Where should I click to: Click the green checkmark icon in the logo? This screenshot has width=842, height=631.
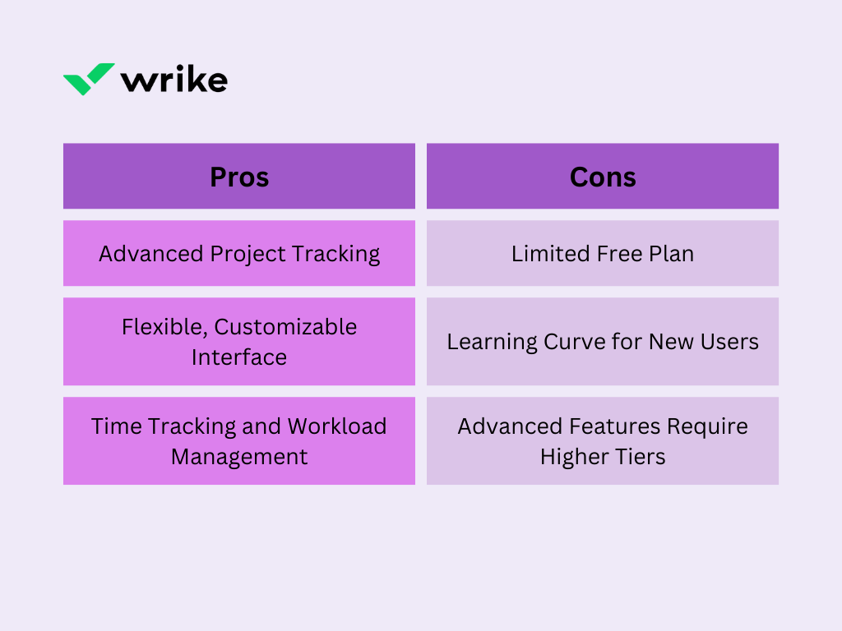pyautogui.click(x=89, y=79)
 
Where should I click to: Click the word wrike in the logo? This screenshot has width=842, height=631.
pyautogui.click(x=174, y=80)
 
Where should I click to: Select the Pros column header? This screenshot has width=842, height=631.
pyautogui.click(x=239, y=177)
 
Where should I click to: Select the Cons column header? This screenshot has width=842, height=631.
pyautogui.click(x=603, y=177)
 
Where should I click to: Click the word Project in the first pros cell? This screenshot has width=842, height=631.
pyautogui.click(x=248, y=255)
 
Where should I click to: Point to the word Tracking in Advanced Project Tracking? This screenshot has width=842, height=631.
pyautogui.click(x=336, y=255)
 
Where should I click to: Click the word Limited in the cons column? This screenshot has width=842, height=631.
pyautogui.click(x=547, y=254)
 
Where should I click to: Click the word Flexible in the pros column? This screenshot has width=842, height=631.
pyautogui.click(x=164, y=327)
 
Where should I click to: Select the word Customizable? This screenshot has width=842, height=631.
pyautogui.click(x=285, y=327)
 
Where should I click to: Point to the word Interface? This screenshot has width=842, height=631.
pyautogui.click(x=239, y=357)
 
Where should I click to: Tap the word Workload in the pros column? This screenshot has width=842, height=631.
pyautogui.click(x=336, y=426)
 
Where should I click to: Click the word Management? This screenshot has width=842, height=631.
pyautogui.click(x=239, y=458)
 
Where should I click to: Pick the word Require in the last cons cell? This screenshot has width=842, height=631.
pyautogui.click(x=707, y=427)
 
